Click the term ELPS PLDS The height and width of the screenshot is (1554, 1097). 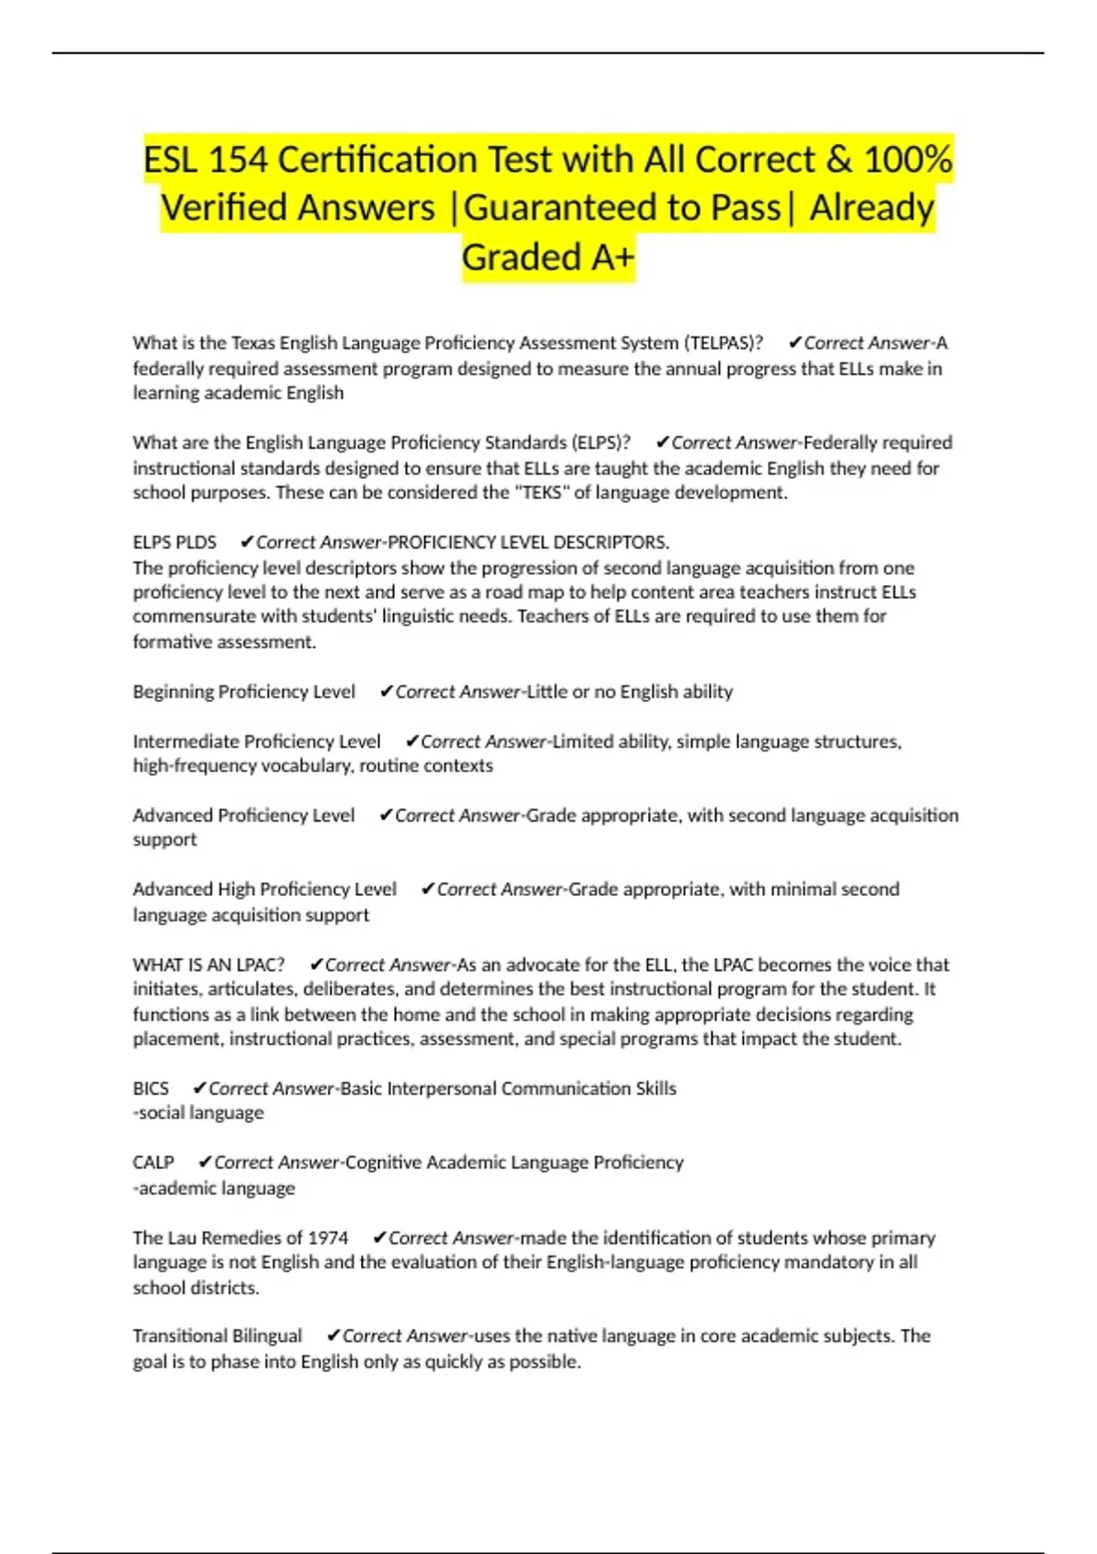(175, 542)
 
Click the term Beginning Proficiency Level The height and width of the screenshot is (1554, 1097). (244, 692)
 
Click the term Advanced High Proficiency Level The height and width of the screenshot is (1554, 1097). (264, 889)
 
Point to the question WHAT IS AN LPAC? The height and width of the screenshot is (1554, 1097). (208, 964)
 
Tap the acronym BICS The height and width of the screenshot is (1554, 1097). (151, 1089)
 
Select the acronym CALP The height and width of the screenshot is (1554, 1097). (154, 1163)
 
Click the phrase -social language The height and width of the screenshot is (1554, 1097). (198, 1112)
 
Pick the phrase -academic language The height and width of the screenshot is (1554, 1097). (214, 1188)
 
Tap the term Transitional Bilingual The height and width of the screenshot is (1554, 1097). (218, 1336)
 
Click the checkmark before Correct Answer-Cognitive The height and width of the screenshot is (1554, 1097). (205, 1163)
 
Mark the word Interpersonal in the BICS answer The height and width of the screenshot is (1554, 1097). (442, 1089)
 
